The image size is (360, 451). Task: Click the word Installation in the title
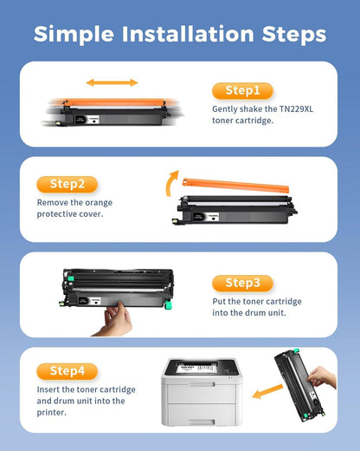pos(180,34)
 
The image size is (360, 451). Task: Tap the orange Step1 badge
pos(242,90)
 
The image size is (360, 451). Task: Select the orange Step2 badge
pos(67,184)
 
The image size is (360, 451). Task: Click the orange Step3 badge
pos(242,283)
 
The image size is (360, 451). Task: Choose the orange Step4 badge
pos(67,371)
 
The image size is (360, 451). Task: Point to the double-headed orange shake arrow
pos(110,83)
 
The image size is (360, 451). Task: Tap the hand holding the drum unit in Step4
pos(322,378)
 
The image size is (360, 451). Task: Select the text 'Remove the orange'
pos(74,203)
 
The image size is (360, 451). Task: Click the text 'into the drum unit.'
pos(251,313)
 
